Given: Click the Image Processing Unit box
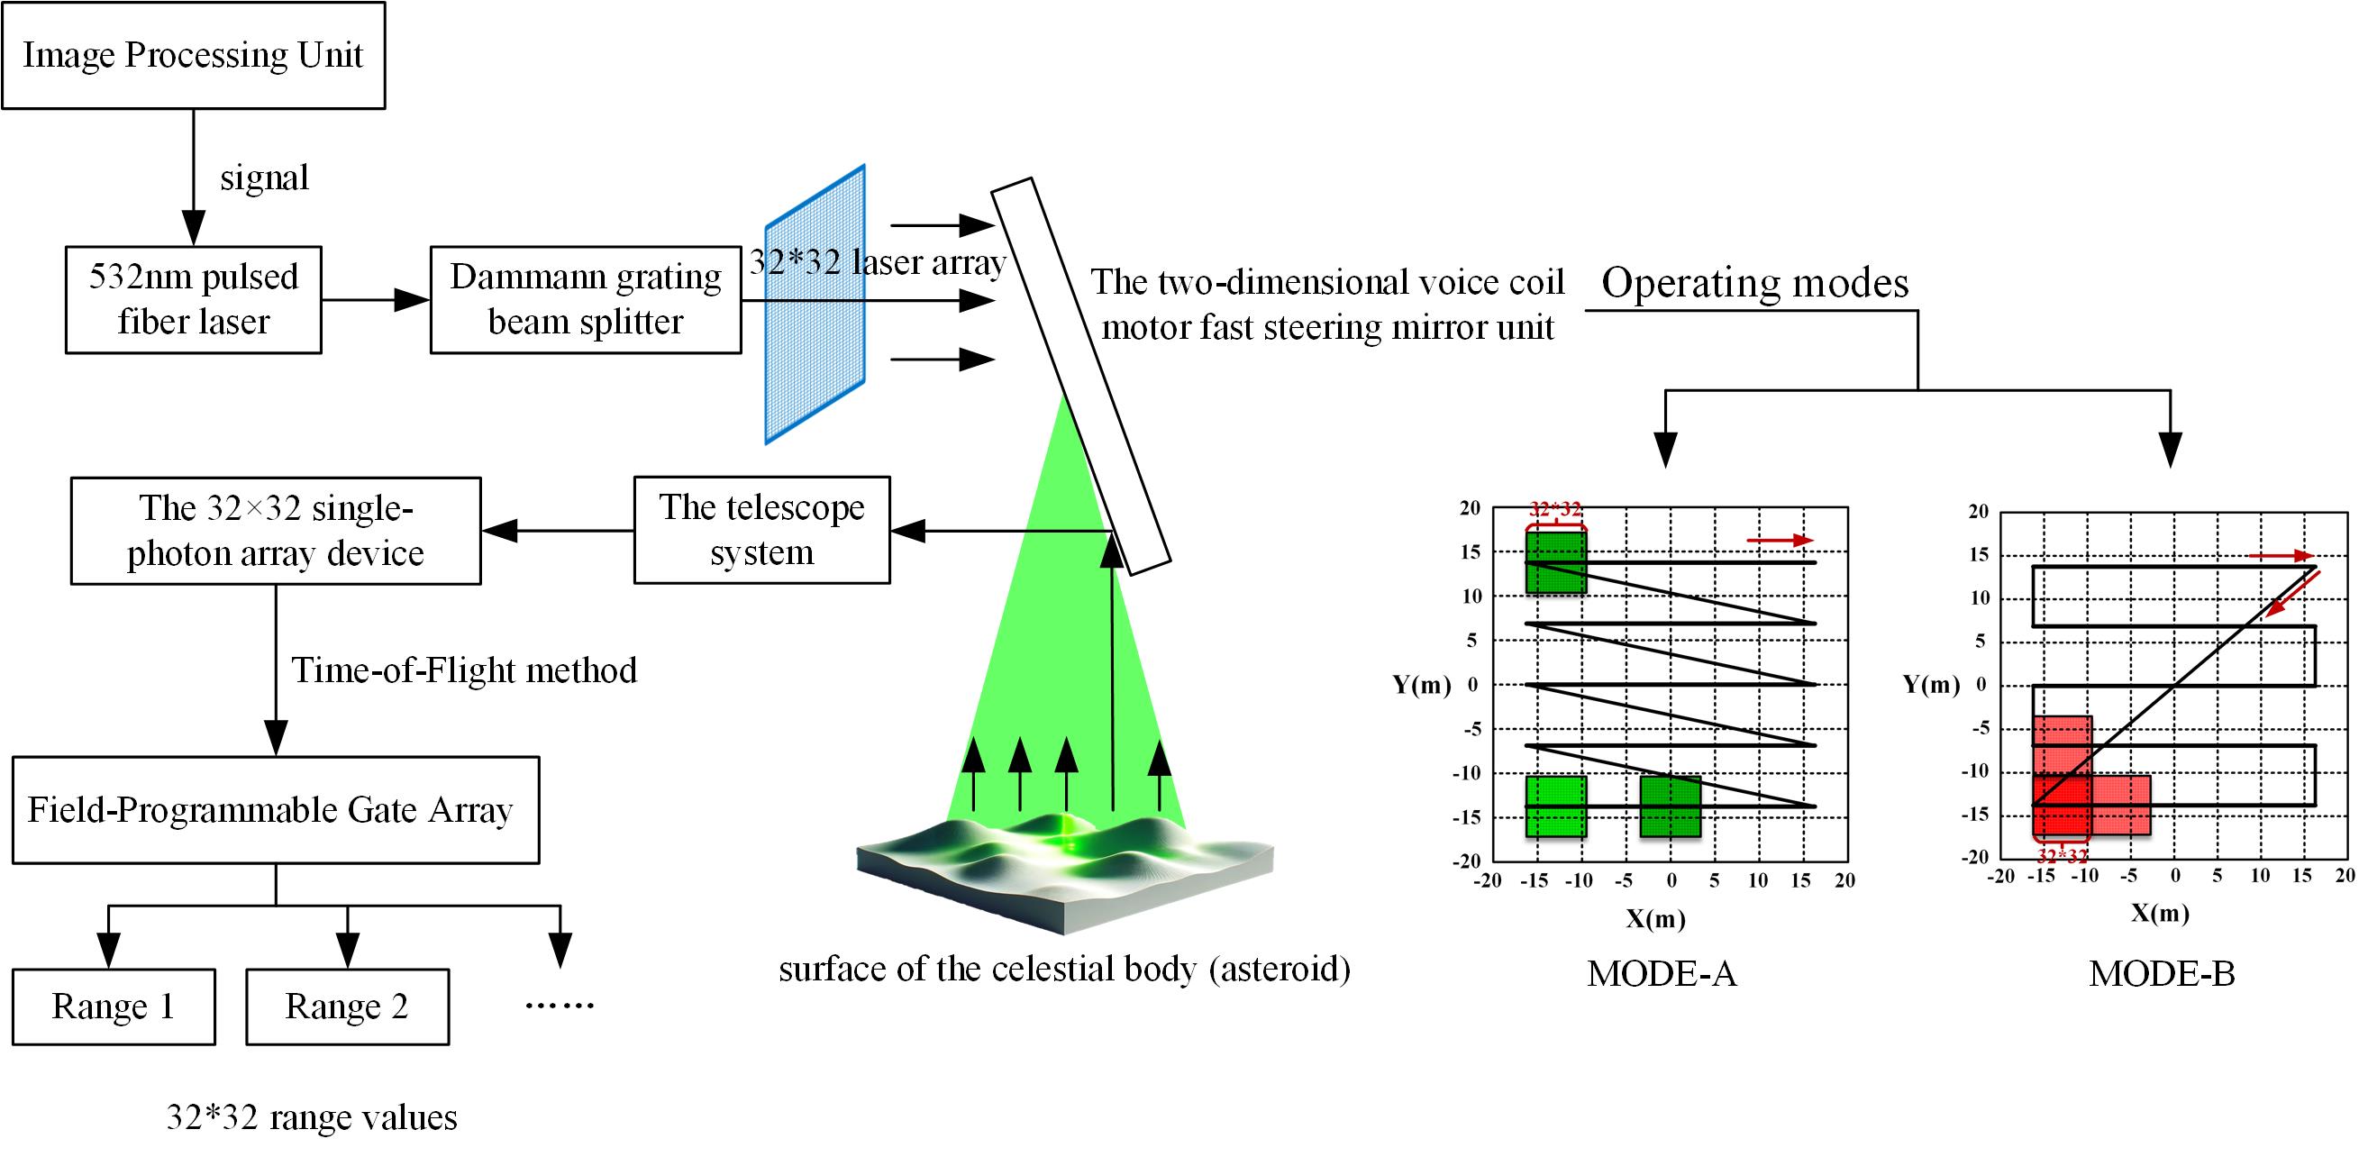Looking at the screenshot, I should click(x=193, y=55).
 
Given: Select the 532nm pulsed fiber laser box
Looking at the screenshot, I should click(x=193, y=299).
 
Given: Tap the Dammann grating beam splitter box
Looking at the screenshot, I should click(x=586, y=299).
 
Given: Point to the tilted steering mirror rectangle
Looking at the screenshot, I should click(x=1080, y=377).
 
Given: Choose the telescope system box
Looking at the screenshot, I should click(x=761, y=530).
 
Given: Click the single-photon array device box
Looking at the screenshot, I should click(x=276, y=531).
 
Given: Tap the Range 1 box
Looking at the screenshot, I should click(x=113, y=1007).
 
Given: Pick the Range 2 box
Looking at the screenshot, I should click(x=347, y=1007).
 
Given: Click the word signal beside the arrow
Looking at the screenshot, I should click(x=264, y=178).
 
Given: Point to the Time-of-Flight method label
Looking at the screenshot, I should click(x=464, y=670).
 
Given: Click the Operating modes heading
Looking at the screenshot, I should click(x=1755, y=283).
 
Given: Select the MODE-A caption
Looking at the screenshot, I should click(x=1661, y=974).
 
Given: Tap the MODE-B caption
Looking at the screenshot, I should click(x=2161, y=974).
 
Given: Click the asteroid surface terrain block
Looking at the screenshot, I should click(x=1064, y=873).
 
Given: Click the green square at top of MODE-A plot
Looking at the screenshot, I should click(x=1555, y=562).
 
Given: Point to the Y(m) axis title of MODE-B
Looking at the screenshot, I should click(x=1930, y=685).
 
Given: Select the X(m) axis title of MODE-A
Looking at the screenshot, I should click(x=1654, y=919).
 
